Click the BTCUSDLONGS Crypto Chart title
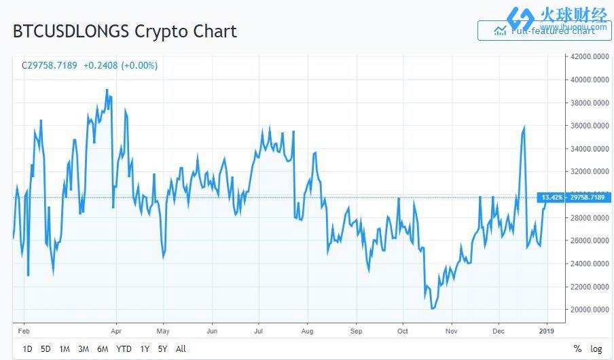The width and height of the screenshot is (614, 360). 125,31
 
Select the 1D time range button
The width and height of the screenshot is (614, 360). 27,349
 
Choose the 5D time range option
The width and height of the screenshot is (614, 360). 46,349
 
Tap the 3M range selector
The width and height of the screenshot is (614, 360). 83,349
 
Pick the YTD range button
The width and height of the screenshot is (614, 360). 124,349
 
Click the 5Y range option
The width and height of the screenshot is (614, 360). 162,349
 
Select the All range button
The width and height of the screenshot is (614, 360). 181,349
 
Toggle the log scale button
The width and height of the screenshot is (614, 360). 596,349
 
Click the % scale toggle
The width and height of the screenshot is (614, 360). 577,349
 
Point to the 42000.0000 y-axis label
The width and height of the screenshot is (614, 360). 588,56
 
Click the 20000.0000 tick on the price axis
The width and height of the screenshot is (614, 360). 588,310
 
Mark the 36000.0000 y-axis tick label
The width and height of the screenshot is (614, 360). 588,126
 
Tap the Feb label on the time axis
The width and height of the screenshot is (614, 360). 24,331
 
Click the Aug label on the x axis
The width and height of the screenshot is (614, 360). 307,331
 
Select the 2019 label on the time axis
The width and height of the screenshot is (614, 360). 547,331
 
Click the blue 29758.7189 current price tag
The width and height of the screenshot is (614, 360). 588,198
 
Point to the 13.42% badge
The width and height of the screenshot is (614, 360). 551,198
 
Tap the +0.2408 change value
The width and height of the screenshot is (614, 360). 100,66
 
